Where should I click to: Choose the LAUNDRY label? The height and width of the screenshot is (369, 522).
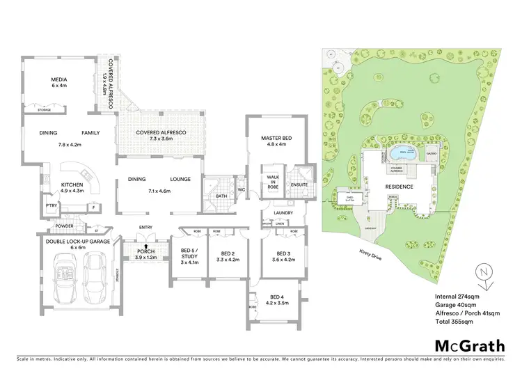point(282,213)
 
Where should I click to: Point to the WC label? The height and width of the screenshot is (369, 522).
point(241,189)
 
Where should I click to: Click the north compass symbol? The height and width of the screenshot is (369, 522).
point(485,276)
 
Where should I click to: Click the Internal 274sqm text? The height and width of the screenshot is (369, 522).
point(455,298)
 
